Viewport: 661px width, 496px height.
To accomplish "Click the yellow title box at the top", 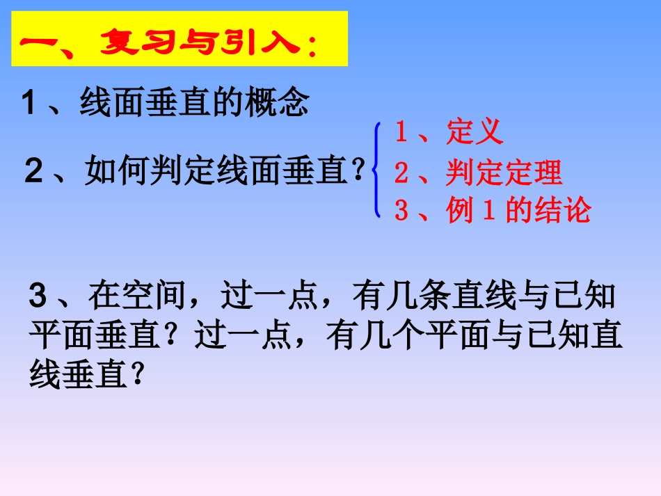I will pos(179,38).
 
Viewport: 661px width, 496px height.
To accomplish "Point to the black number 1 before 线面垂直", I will pos(29,104).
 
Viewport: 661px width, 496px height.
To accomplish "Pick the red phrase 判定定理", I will pos(503,173).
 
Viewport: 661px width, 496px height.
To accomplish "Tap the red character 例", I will pos(460,211).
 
